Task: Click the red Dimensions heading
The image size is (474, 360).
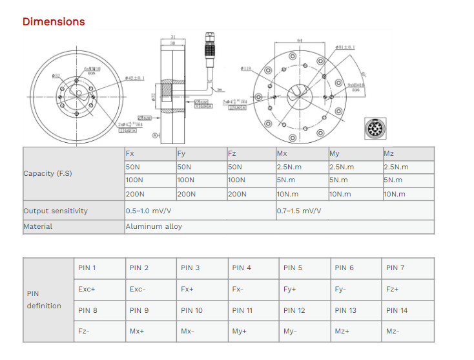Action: point(54,21)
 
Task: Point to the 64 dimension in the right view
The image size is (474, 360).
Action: point(300,41)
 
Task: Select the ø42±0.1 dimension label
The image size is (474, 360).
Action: point(134,78)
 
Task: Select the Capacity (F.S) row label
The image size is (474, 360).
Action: point(48,173)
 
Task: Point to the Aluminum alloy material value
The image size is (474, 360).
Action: point(154,226)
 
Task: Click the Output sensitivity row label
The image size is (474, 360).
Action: point(56,211)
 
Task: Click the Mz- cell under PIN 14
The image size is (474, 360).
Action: point(393,331)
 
